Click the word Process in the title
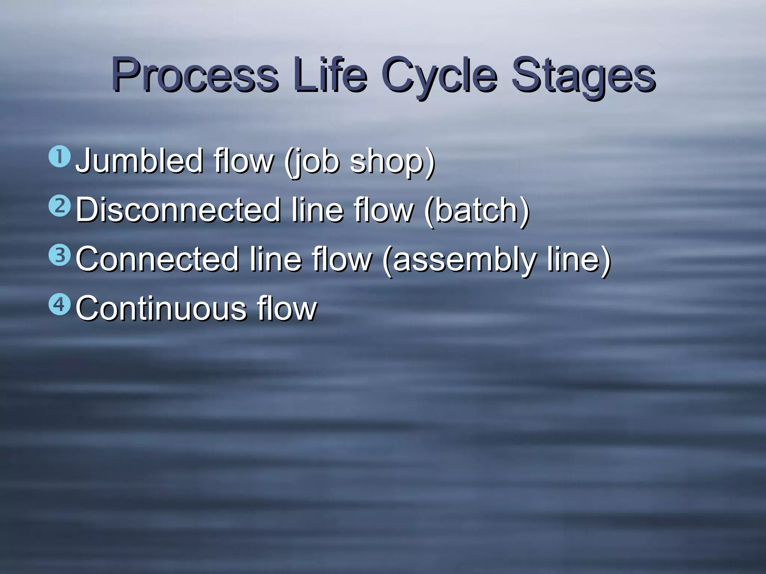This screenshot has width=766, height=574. (194, 75)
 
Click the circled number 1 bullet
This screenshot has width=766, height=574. (59, 158)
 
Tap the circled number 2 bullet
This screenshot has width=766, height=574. (59, 207)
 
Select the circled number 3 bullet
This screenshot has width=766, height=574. (59, 256)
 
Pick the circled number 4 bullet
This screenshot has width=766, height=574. (59, 305)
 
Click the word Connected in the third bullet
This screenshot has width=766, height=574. (157, 259)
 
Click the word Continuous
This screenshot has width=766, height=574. (161, 308)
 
